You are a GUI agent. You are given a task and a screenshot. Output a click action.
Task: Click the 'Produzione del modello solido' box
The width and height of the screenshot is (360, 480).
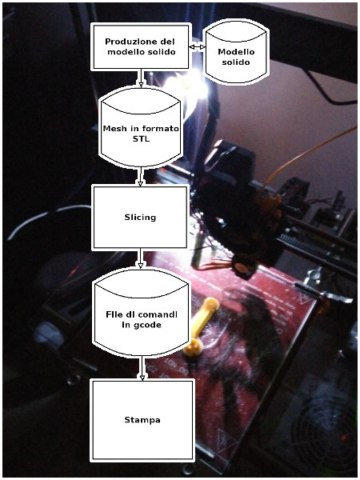click(141, 47)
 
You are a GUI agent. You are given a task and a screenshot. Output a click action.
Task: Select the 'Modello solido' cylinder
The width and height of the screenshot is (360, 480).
click(236, 51)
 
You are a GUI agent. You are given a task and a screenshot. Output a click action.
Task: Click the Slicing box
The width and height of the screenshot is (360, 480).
click(140, 217)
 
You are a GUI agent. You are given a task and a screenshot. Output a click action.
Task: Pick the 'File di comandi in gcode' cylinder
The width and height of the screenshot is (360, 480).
click(142, 314)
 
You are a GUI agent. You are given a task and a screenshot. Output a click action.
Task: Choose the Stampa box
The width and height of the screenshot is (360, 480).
click(142, 420)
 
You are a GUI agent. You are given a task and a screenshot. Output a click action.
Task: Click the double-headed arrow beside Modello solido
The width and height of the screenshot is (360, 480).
click(197, 47)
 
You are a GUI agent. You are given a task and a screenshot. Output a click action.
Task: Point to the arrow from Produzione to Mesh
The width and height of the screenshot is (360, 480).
click(141, 78)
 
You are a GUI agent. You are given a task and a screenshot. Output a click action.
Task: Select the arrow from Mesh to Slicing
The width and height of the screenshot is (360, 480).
click(140, 176)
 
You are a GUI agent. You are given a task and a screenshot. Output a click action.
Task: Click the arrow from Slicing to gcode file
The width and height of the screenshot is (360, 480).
click(140, 258)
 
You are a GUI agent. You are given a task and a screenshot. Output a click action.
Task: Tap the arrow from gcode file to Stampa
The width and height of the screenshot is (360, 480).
click(142, 368)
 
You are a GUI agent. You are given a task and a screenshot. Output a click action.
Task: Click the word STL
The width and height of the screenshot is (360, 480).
click(141, 138)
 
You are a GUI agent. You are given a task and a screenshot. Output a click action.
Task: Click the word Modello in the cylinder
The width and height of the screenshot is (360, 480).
click(236, 52)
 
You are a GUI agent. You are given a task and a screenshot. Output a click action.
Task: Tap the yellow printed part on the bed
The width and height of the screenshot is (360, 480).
click(201, 326)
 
